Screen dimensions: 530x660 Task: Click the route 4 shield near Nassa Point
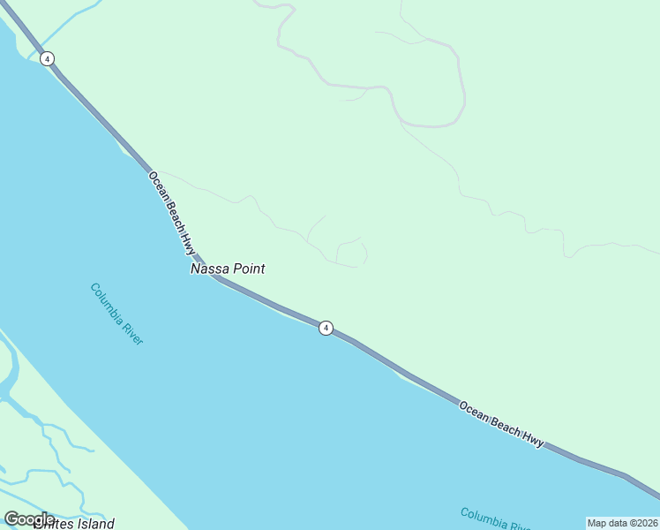(x=326, y=328)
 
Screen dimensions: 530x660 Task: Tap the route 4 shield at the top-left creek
(x=47, y=58)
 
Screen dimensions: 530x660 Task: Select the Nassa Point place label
(x=228, y=269)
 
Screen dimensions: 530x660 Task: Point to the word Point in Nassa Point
(x=249, y=269)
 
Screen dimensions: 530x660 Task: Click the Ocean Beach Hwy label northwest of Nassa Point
(x=172, y=213)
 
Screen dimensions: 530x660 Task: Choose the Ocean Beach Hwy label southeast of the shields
(x=500, y=424)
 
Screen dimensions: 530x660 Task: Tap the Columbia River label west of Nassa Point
(x=116, y=314)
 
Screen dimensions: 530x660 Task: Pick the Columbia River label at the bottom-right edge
(x=494, y=518)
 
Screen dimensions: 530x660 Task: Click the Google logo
(x=29, y=519)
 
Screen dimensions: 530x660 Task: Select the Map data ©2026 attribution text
(x=623, y=523)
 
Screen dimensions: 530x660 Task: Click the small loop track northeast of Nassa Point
(x=352, y=254)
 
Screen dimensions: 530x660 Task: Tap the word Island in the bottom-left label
(x=94, y=524)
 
